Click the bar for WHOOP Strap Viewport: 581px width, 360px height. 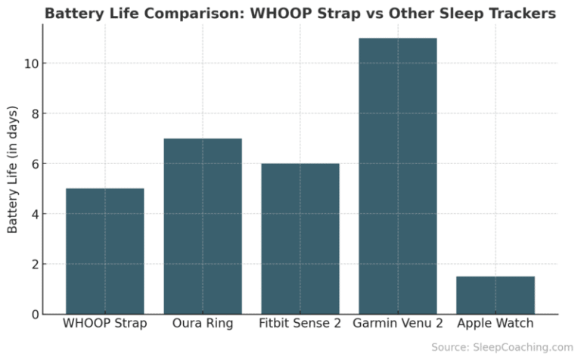tap(105, 251)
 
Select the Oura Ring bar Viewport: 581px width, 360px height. tap(203, 226)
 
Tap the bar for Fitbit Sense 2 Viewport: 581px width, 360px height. tap(300, 238)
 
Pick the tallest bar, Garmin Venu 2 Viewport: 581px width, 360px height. tap(398, 175)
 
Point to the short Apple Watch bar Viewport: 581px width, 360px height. tap(496, 295)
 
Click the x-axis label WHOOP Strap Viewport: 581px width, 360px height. tap(105, 324)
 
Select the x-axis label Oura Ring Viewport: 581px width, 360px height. tap(203, 324)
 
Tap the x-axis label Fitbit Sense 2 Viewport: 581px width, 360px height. tap(300, 324)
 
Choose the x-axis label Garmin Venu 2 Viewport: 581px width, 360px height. tap(398, 324)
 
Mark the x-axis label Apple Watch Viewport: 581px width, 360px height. tap(496, 324)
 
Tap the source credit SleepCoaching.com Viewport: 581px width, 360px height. tap(522, 347)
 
